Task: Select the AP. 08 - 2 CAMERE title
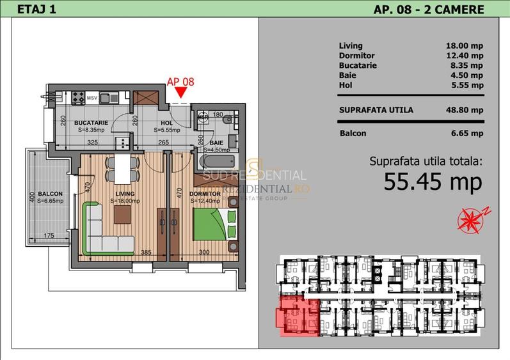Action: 428,9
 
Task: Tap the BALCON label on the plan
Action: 50,193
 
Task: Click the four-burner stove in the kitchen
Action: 78,98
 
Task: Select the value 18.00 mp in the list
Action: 464,46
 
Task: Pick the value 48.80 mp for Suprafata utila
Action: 464,110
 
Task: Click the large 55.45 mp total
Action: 432,182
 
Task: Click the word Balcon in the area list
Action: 353,134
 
